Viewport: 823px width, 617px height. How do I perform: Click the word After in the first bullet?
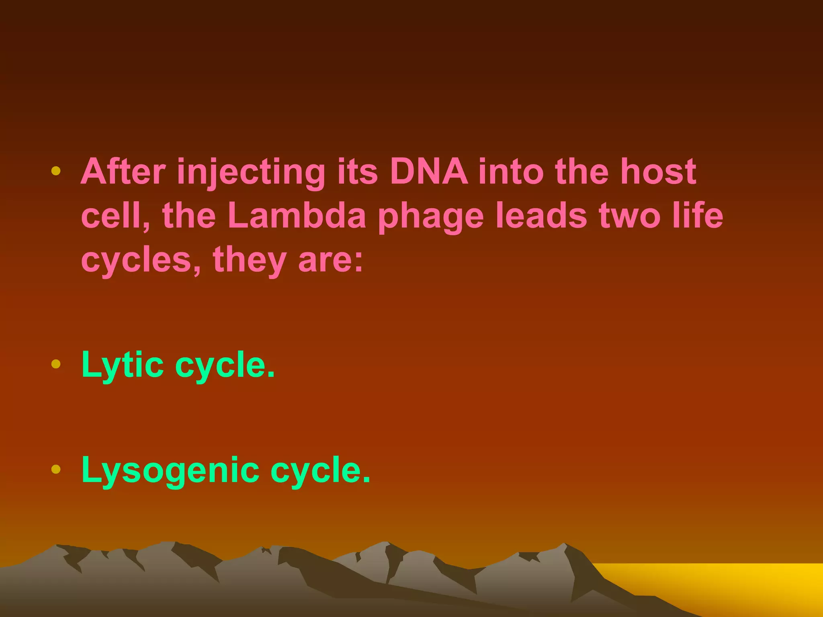(123, 172)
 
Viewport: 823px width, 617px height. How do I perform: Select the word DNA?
(429, 172)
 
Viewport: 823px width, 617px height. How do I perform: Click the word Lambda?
(297, 216)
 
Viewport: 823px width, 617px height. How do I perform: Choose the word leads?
(541, 216)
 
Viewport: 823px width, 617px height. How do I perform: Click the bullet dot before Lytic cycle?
(56, 364)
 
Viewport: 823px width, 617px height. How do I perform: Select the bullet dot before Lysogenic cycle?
(56, 469)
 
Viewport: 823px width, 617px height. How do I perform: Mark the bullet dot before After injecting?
(56, 171)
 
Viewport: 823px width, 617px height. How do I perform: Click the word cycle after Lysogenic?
(320, 470)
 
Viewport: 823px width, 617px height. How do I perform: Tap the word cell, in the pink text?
(116, 216)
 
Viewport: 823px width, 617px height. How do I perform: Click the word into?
(511, 172)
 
